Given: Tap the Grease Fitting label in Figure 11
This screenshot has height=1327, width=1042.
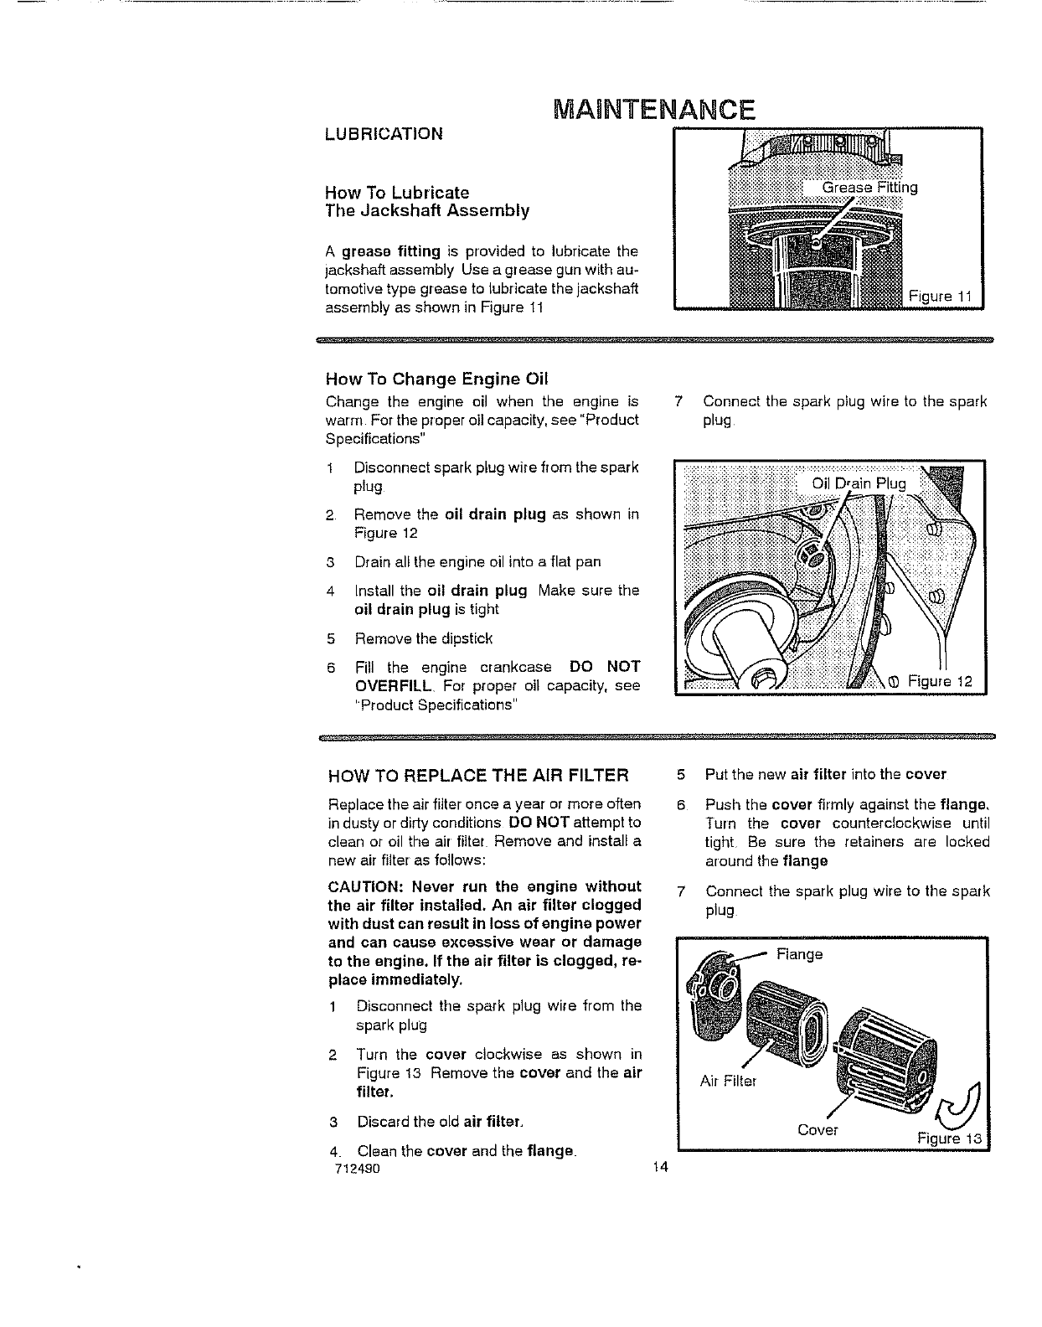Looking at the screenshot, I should tap(869, 188).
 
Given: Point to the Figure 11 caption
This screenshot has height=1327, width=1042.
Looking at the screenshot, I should tap(940, 296).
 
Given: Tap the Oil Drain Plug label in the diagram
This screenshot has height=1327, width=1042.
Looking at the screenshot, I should tap(859, 483).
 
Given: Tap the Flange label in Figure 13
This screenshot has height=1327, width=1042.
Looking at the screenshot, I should tap(799, 954).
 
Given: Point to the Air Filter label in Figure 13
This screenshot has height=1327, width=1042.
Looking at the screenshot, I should tap(728, 1081).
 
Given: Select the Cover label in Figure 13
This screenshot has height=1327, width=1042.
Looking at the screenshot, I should tap(818, 1130).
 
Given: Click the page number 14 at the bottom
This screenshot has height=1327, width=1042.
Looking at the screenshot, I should tap(658, 1170).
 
